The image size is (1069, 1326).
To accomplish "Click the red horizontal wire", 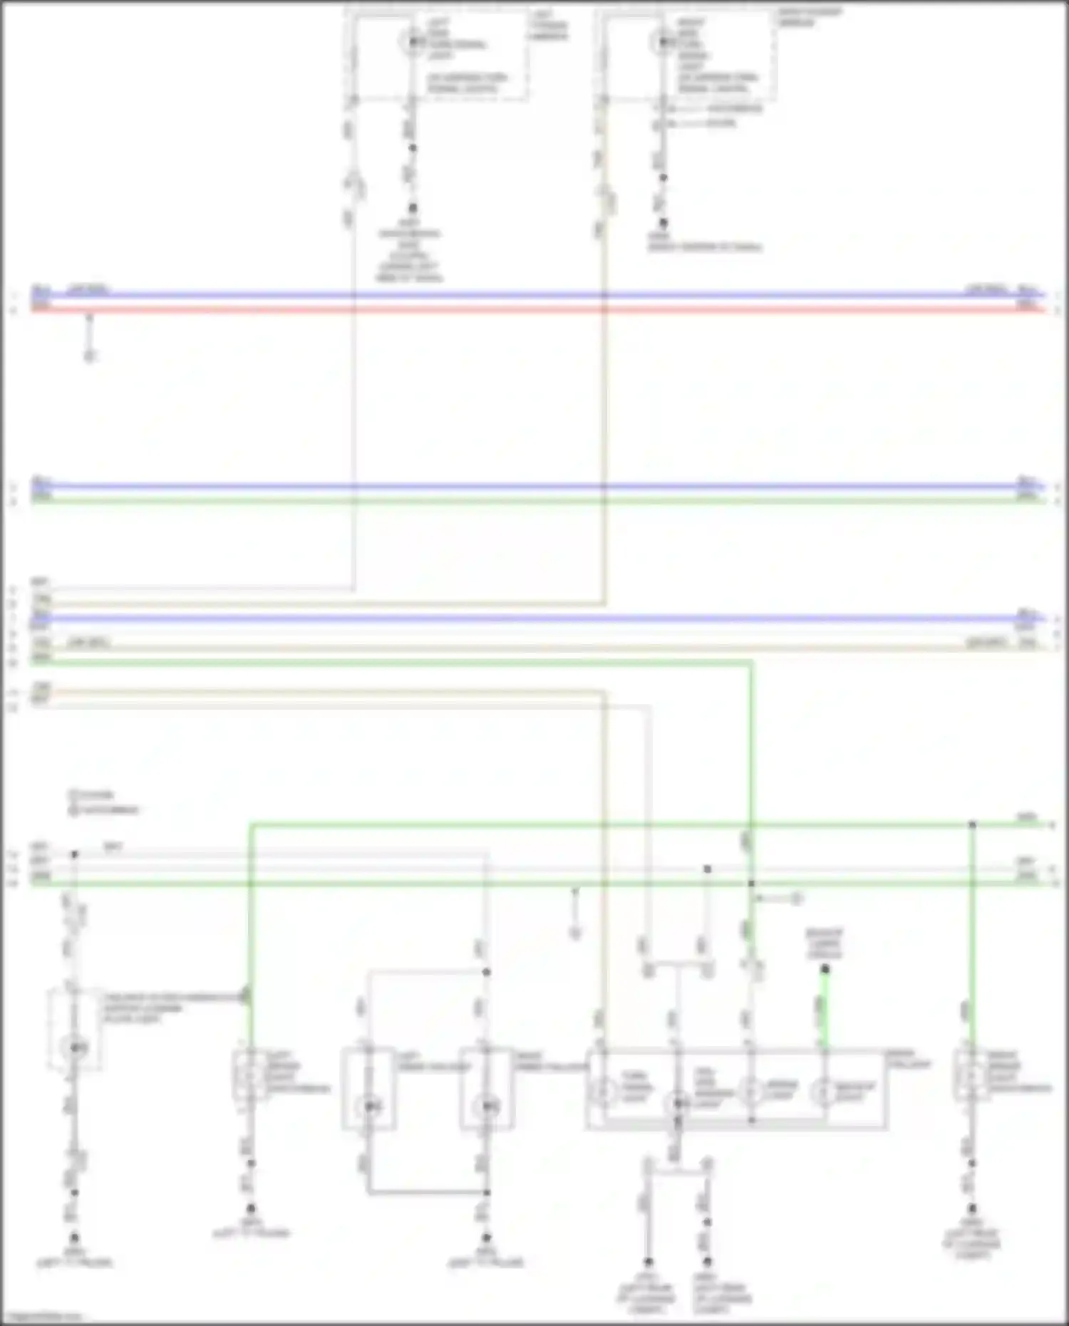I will click(534, 309).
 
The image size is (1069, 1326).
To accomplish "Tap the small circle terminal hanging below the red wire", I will click(89, 356).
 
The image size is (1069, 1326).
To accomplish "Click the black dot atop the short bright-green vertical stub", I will click(825, 969).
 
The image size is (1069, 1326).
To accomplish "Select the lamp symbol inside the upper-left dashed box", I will click(412, 43).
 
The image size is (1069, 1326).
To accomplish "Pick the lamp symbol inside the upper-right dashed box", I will click(662, 43).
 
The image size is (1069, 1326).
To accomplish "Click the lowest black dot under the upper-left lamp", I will click(412, 208).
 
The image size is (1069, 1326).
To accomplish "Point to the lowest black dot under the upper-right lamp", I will click(663, 223).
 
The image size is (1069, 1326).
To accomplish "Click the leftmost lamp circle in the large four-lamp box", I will click(604, 1091).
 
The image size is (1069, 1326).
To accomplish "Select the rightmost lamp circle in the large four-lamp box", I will click(825, 1091).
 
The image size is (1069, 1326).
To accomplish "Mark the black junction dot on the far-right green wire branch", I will click(972, 825).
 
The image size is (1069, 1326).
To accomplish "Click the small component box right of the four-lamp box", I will click(971, 1074).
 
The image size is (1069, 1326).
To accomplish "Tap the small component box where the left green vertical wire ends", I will click(250, 1074).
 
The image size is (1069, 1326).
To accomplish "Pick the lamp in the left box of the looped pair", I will click(368, 1106).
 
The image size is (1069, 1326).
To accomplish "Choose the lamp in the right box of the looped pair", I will click(486, 1106).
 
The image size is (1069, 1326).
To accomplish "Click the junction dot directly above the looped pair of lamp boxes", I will click(487, 972).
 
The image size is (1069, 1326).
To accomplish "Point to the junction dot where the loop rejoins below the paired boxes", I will click(487, 1192).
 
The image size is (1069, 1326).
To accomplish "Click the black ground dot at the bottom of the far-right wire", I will click(972, 1209).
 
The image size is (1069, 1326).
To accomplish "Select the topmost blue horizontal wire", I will click(534, 294).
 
